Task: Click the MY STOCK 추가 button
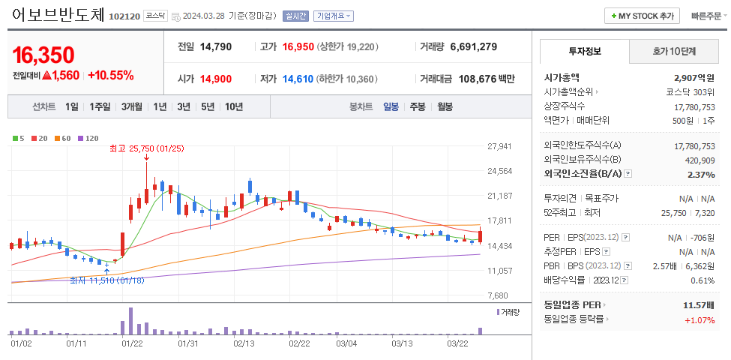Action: pyautogui.click(x=642, y=16)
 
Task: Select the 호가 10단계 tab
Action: pyautogui.click(x=674, y=52)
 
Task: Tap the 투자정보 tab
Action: pyautogui.click(x=585, y=52)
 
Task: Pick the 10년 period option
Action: pyautogui.click(x=233, y=107)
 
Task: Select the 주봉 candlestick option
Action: pyautogui.click(x=417, y=107)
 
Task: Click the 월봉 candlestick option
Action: pyautogui.click(x=445, y=107)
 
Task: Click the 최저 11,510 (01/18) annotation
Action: pyautogui.click(x=106, y=280)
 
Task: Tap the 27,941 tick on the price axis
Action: pyautogui.click(x=499, y=146)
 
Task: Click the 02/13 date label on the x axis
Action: pyautogui.click(x=244, y=343)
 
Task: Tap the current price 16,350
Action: pyautogui.click(x=43, y=55)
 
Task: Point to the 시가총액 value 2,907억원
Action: pyautogui.click(x=694, y=77)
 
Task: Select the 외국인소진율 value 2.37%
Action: pyautogui.click(x=700, y=174)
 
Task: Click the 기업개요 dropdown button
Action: pyautogui.click(x=334, y=16)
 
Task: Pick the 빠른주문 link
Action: pyautogui.click(x=705, y=16)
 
